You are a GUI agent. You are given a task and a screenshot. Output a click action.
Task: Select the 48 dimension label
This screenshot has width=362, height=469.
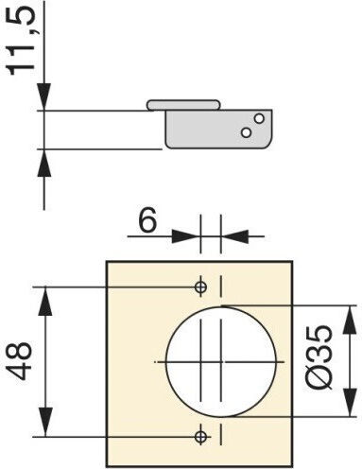pos(20,361)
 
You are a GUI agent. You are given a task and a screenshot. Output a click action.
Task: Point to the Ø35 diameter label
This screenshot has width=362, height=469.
pos(319,357)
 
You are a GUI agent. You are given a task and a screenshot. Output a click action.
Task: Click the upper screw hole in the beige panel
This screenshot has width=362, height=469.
pos(200,287)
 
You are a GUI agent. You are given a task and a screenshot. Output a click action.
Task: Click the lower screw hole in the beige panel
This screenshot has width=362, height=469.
pos(200,437)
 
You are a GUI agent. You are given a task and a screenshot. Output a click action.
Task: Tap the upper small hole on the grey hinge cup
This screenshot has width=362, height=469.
pos(259,118)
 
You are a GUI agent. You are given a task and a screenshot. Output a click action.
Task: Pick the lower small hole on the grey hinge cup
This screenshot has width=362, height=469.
pos(246,132)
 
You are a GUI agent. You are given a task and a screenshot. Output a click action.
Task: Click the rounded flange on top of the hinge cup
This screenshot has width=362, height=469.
pos(183,105)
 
